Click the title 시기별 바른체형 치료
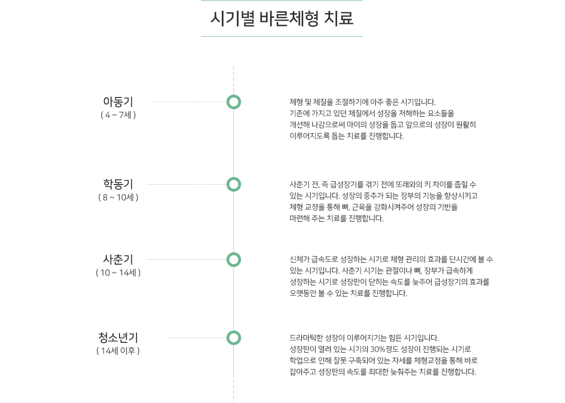coord(282,18)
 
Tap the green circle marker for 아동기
coord(234,102)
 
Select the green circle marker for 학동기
coord(234,184)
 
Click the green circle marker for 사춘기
coord(234,259)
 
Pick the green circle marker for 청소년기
coord(234,338)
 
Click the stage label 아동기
coord(118,101)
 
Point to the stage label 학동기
coord(118,184)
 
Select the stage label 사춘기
coord(118,259)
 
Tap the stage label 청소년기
coord(118,337)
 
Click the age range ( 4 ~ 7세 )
coord(118,115)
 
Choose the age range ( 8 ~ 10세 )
coord(118,197)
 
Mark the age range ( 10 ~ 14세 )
coord(118,273)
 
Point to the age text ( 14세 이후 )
coord(118,351)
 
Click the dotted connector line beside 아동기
coord(188,102)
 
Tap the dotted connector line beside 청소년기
coord(198,338)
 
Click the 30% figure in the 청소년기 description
coord(378,349)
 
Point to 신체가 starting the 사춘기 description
coord(300,260)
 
